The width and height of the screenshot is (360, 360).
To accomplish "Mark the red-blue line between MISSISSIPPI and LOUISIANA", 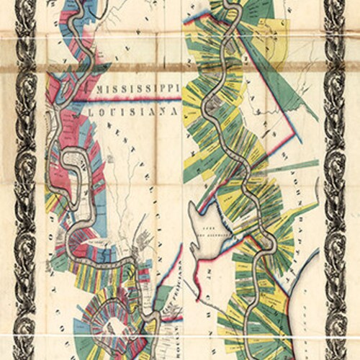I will [137, 100].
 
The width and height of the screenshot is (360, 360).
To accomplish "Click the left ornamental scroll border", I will [26, 180].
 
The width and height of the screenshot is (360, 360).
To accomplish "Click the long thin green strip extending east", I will [288, 166].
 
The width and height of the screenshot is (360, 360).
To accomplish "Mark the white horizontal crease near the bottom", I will [180, 333].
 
